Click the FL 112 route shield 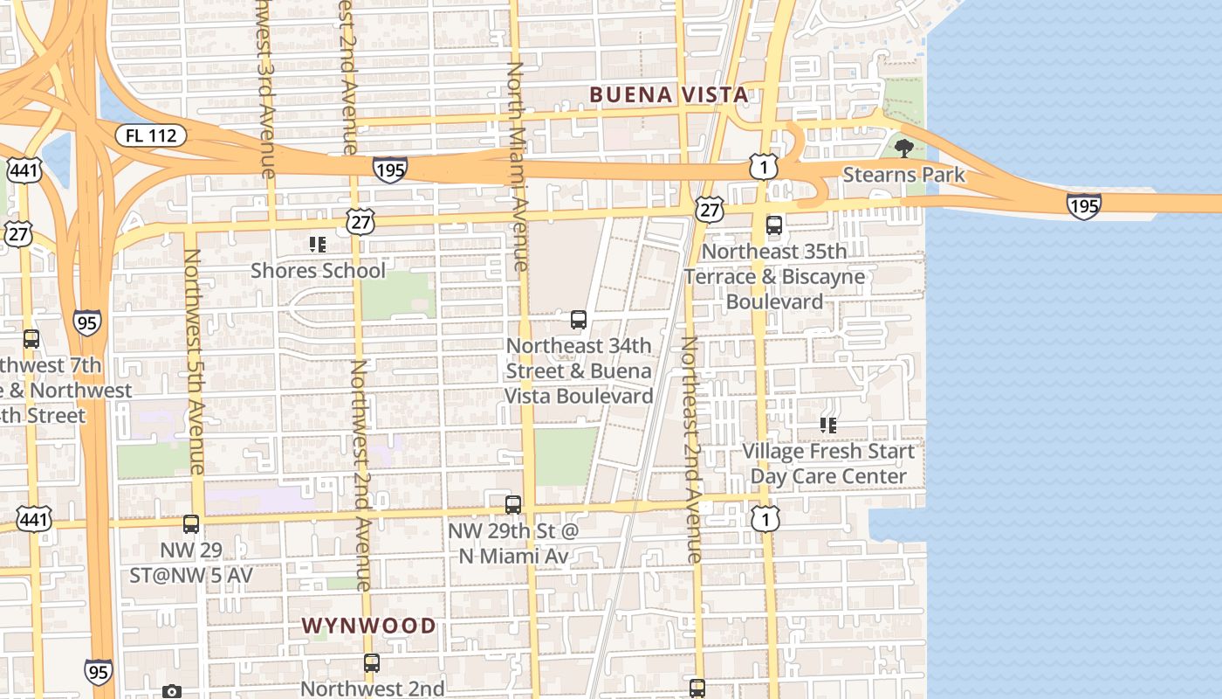pos(151,135)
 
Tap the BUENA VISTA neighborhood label pos(668,94)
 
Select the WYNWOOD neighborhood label pos(368,626)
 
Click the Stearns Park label pos(903,175)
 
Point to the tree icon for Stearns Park pos(904,148)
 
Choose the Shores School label pos(318,270)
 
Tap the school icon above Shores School pos(318,245)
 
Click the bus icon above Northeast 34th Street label pos(579,320)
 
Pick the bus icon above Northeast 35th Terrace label pos(774,225)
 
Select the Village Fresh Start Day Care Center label pos(828,464)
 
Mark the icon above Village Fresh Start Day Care pos(828,426)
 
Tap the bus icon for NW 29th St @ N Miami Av pos(513,505)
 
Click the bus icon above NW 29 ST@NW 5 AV pos(191,524)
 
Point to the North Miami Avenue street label pos(518,166)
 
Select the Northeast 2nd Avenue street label pos(691,449)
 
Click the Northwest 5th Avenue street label pos(193,361)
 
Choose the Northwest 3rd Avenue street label pos(265,87)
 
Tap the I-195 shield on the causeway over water pos(1083,206)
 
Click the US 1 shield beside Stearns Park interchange pos(763,166)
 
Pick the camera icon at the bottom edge pos(172,692)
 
